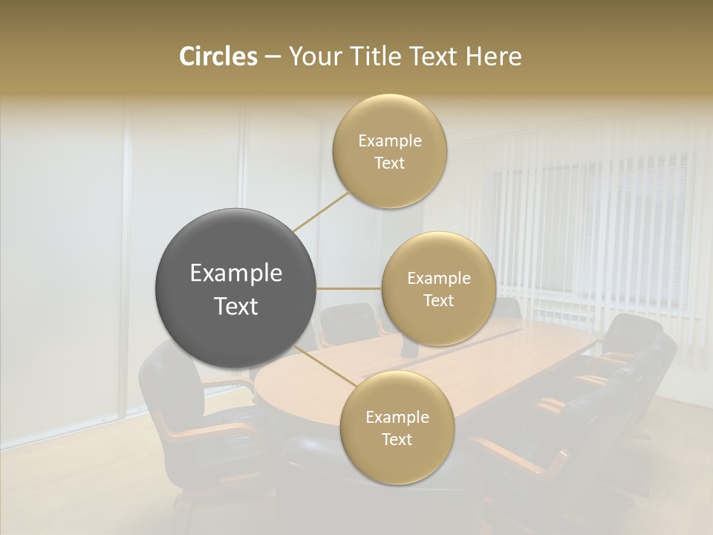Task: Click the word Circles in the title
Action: click(x=218, y=56)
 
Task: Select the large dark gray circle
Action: click(x=236, y=289)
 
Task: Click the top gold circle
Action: click(x=389, y=152)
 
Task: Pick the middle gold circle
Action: click(x=438, y=288)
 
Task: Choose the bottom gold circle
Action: click(x=397, y=428)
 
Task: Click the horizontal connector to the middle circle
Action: click(x=349, y=288)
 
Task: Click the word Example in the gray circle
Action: click(x=236, y=273)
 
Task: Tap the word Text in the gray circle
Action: click(x=236, y=306)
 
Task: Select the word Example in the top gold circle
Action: click(x=389, y=141)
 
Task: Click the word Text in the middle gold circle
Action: click(x=438, y=300)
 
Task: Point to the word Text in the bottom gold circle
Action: click(x=397, y=439)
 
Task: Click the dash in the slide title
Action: click(x=272, y=56)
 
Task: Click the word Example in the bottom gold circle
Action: click(x=397, y=417)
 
